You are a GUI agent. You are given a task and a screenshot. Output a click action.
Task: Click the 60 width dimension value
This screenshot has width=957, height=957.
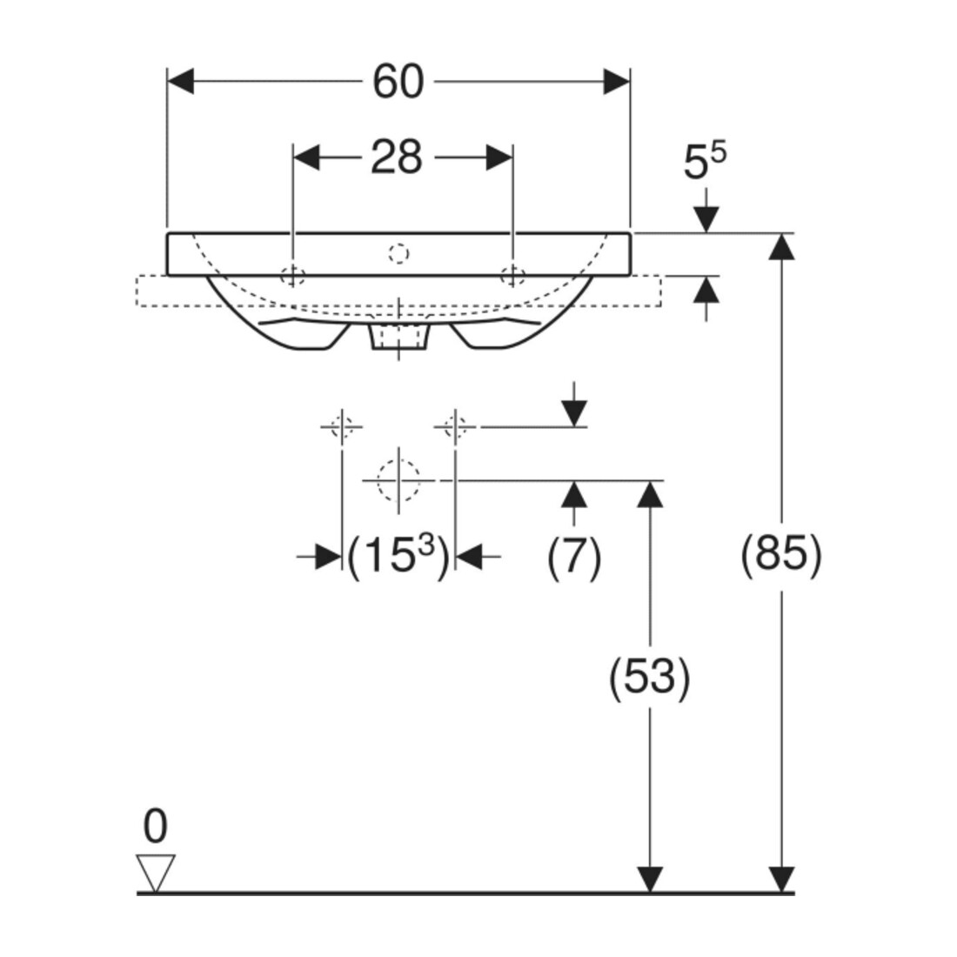[398, 81]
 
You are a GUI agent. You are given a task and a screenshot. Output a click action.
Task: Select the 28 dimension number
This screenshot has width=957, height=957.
[397, 157]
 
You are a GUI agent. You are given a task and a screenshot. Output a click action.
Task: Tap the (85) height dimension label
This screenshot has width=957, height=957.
[781, 555]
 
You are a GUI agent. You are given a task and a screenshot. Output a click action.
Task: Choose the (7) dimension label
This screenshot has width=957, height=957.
[573, 557]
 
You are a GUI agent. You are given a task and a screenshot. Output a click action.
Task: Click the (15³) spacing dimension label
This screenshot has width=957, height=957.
[398, 555]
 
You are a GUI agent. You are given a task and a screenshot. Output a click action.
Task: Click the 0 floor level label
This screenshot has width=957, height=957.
[155, 826]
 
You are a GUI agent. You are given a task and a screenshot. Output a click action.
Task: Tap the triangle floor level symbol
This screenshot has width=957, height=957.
[156, 873]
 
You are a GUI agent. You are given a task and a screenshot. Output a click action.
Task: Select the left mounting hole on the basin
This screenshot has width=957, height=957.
[293, 276]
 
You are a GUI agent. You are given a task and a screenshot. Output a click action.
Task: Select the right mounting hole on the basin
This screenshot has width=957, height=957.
[512, 276]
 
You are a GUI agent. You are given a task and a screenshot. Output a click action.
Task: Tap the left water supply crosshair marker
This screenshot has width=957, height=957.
[342, 426]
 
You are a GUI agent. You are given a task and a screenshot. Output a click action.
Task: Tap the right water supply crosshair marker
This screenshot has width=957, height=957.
[455, 426]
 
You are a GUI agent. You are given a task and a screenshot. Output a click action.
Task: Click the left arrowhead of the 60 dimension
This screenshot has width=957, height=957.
[180, 81]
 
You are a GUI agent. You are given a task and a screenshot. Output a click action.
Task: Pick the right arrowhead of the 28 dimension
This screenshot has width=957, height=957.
[499, 157]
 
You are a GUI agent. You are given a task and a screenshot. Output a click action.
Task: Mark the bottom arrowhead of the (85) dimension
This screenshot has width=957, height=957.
[781, 880]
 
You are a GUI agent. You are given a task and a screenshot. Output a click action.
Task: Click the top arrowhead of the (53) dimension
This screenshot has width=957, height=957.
[649, 494]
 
